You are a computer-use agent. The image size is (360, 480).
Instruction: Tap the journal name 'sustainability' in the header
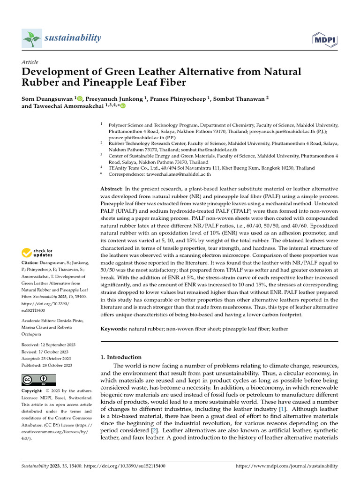(x=73, y=38)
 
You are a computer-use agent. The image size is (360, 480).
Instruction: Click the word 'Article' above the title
(x=30, y=62)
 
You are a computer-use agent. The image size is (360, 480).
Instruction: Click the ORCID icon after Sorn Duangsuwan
(x=80, y=98)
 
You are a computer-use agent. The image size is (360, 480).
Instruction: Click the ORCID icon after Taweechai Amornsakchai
(x=123, y=106)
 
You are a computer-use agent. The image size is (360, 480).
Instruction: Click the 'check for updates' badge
(x=37, y=254)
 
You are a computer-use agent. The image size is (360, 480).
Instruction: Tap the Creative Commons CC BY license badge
(x=38, y=380)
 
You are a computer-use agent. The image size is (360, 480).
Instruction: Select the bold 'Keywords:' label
(x=114, y=329)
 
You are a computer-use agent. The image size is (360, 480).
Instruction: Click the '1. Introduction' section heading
(x=121, y=357)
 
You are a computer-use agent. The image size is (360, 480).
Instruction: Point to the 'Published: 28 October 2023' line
(x=47, y=365)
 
